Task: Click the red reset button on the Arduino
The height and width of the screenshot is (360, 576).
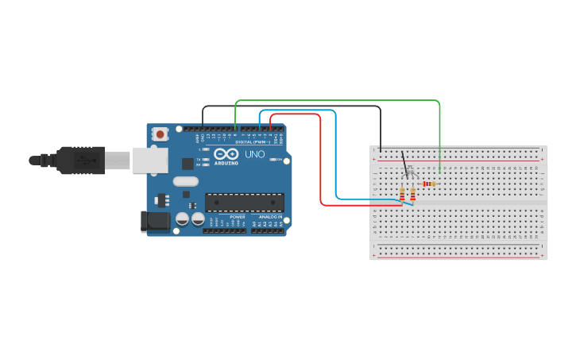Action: click(160, 134)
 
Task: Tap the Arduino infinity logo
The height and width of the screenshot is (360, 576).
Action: click(225, 154)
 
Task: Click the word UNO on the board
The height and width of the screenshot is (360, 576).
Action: click(254, 154)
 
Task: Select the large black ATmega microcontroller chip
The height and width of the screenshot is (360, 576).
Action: click(244, 202)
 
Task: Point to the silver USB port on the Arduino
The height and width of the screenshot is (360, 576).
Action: click(149, 160)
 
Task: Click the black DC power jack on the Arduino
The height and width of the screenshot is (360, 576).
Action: click(155, 222)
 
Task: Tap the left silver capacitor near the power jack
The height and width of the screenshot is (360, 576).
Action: click(182, 218)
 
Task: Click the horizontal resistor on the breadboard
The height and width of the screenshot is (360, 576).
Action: click(428, 184)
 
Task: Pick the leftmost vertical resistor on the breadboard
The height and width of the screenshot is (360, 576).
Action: click(402, 193)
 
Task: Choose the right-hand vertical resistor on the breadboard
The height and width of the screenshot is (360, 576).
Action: click(412, 193)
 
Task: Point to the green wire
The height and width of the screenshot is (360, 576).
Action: click(342, 101)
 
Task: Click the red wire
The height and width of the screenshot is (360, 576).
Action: click(321, 159)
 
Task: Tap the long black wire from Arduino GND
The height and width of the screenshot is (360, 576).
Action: click(294, 106)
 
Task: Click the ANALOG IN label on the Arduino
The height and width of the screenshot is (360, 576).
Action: click(268, 216)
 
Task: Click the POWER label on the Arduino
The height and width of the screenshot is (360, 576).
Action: click(238, 216)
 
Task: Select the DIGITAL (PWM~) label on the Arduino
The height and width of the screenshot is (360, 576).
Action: click(253, 141)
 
